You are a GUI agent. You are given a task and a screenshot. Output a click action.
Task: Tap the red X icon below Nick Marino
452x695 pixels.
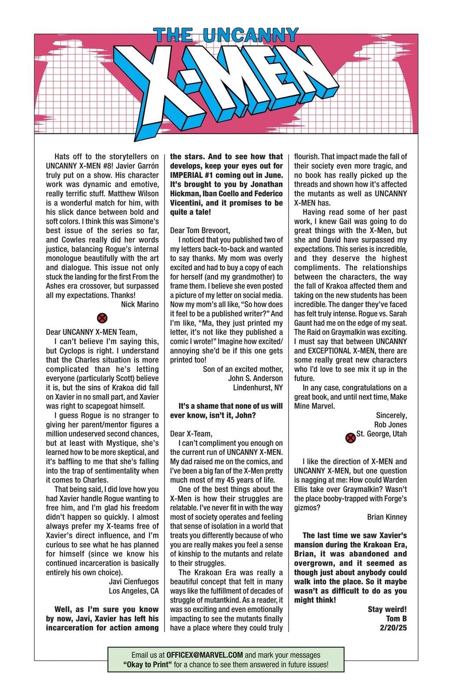[102, 318]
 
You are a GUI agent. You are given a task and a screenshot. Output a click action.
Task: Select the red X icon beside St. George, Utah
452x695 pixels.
[350, 438]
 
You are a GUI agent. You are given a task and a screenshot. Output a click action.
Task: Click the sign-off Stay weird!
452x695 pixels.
[387, 609]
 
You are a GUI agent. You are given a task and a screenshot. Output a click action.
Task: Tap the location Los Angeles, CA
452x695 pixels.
[134, 591]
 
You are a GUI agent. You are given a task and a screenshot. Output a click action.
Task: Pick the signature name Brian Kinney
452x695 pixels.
[387, 517]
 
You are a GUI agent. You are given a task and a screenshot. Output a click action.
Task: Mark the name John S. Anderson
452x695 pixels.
[255, 378]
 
